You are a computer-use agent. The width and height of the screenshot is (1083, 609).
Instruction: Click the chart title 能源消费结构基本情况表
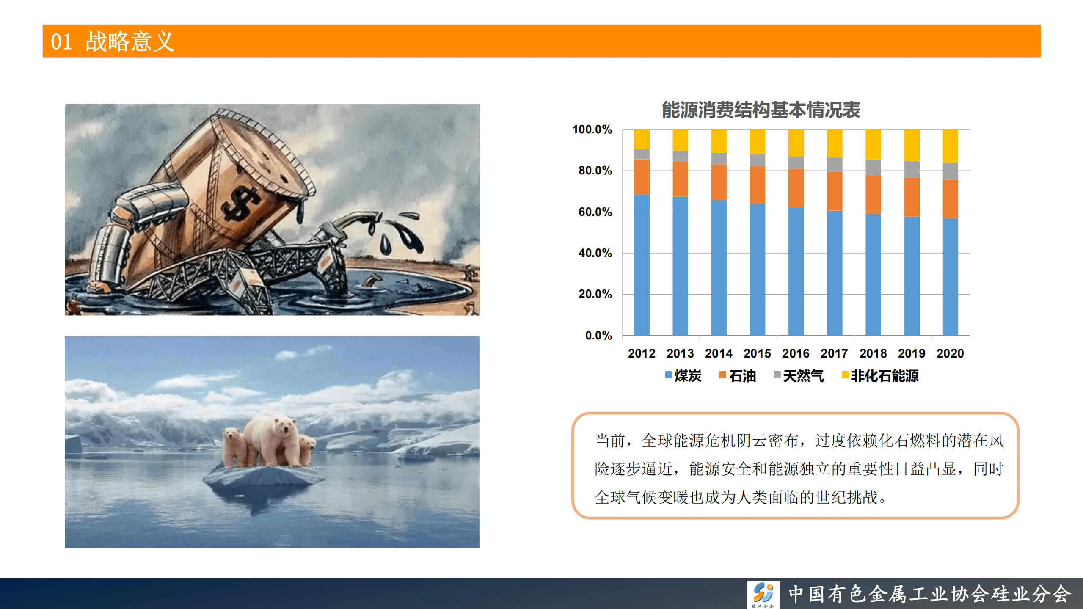[x=761, y=110]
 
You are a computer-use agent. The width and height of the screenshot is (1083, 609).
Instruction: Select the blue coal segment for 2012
[x=642, y=265]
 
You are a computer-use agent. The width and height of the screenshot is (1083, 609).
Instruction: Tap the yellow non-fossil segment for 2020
[x=950, y=146]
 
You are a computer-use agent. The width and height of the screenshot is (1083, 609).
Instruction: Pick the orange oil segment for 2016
[x=796, y=188]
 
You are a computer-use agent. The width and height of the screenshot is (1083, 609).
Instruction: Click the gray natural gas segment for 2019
[x=912, y=169]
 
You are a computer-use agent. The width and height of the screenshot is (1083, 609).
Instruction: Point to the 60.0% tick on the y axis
[x=595, y=212]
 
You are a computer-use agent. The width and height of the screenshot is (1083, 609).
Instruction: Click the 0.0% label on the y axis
[x=598, y=336]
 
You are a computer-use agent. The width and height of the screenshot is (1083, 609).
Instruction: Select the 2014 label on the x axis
[x=719, y=353]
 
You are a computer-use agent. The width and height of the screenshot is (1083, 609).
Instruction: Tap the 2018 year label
[x=873, y=353]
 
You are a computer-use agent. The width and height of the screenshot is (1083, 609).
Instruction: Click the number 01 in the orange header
[x=61, y=41]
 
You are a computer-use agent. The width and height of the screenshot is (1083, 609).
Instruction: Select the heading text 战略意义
[x=130, y=41]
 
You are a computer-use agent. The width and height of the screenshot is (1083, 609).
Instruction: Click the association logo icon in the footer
[x=763, y=594]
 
